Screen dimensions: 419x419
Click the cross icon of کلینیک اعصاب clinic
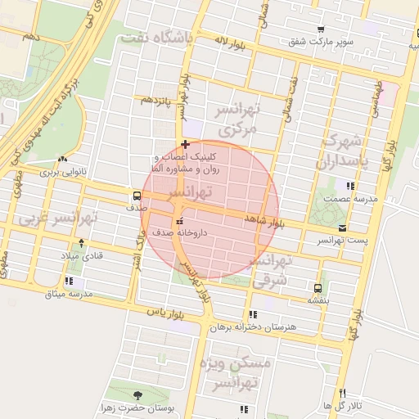tap(186, 144)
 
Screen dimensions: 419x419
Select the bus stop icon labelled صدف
tap(136, 196)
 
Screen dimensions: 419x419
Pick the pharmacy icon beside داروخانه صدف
tap(179, 221)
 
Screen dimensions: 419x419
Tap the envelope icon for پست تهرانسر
tap(341, 228)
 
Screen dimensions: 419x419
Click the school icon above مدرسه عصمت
tap(351, 186)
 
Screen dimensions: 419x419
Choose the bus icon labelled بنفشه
tap(318, 287)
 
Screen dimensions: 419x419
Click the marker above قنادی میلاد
tap(80, 242)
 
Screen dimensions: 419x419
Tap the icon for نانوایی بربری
tap(63, 159)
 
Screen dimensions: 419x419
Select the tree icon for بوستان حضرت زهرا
tap(136, 395)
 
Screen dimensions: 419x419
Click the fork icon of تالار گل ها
tap(342, 393)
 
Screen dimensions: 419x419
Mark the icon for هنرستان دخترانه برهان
tap(253, 313)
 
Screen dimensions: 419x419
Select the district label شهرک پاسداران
tap(348, 151)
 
